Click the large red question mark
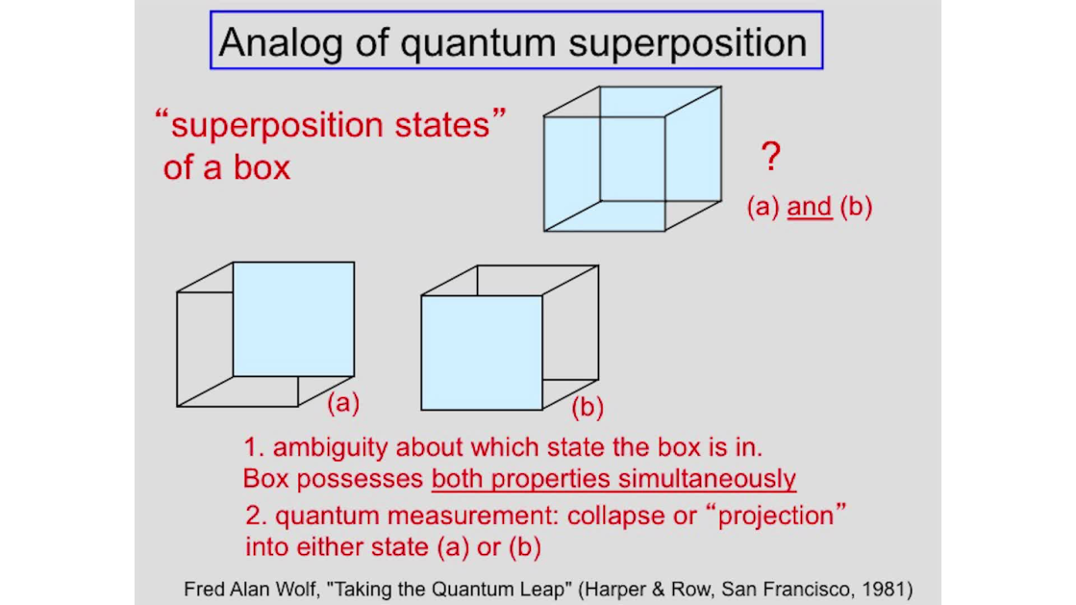click(x=770, y=157)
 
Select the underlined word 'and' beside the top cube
click(x=810, y=207)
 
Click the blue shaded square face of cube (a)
click(x=293, y=319)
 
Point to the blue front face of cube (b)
click(x=482, y=353)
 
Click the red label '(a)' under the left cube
click(x=343, y=402)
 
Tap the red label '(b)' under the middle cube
click(x=588, y=407)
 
